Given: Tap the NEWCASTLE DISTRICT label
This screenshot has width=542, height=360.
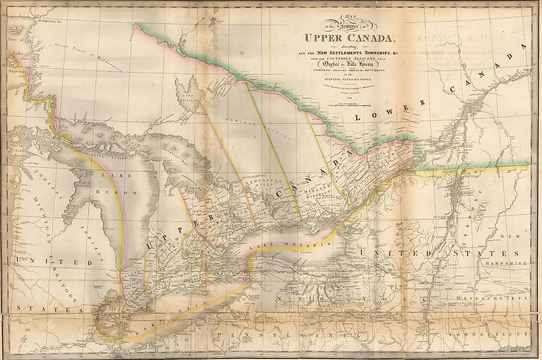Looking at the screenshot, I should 259,183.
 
